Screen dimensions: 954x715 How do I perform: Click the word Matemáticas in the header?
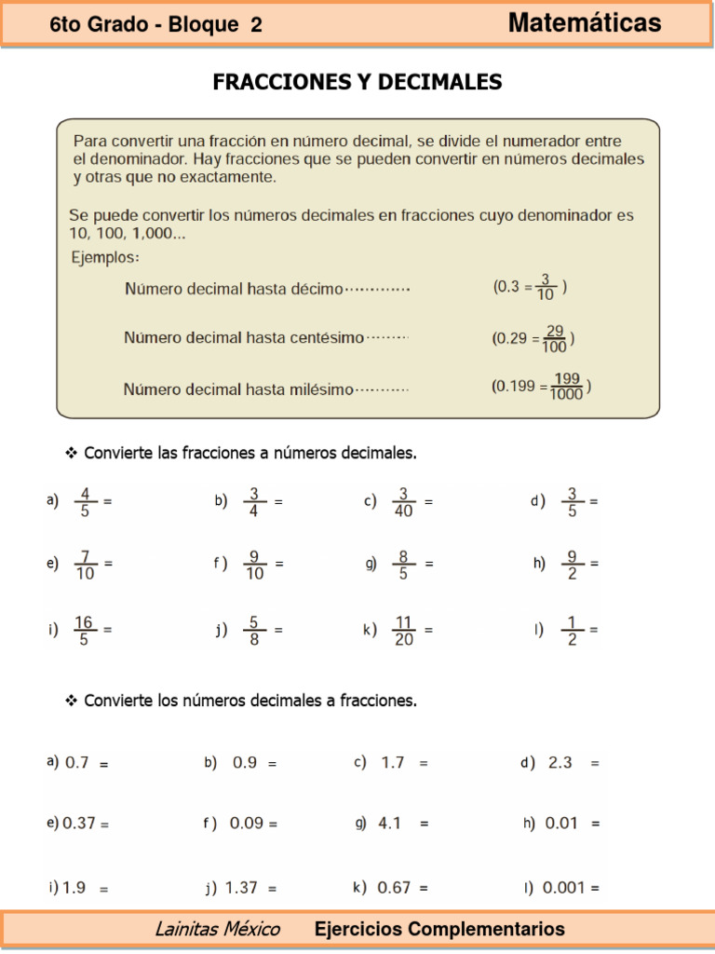coord(585,23)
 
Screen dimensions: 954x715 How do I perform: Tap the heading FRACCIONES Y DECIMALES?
coord(357,82)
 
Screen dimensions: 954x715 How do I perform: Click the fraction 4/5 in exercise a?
coord(86,501)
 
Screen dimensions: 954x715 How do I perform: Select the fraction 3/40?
coord(404,501)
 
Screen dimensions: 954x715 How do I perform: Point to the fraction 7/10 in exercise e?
coord(86,565)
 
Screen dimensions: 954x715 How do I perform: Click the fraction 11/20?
coord(404,630)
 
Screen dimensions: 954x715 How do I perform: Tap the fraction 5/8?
coord(254,630)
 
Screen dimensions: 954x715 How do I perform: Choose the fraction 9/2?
coord(573,565)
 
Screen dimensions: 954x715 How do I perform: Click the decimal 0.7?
coord(77,762)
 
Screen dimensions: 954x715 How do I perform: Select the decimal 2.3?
coord(560,762)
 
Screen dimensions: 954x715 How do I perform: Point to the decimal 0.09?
coord(246,824)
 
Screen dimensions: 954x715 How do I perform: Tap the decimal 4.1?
coord(390,824)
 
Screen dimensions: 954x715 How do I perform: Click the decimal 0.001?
coord(564,888)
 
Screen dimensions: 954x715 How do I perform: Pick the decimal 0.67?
coord(394,888)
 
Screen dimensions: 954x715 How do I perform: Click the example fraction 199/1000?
coord(567,386)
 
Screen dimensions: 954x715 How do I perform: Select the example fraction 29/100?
coord(555,338)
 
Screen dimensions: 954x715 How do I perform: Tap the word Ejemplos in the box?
coord(106,257)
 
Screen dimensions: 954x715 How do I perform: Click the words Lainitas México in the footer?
coord(217,929)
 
